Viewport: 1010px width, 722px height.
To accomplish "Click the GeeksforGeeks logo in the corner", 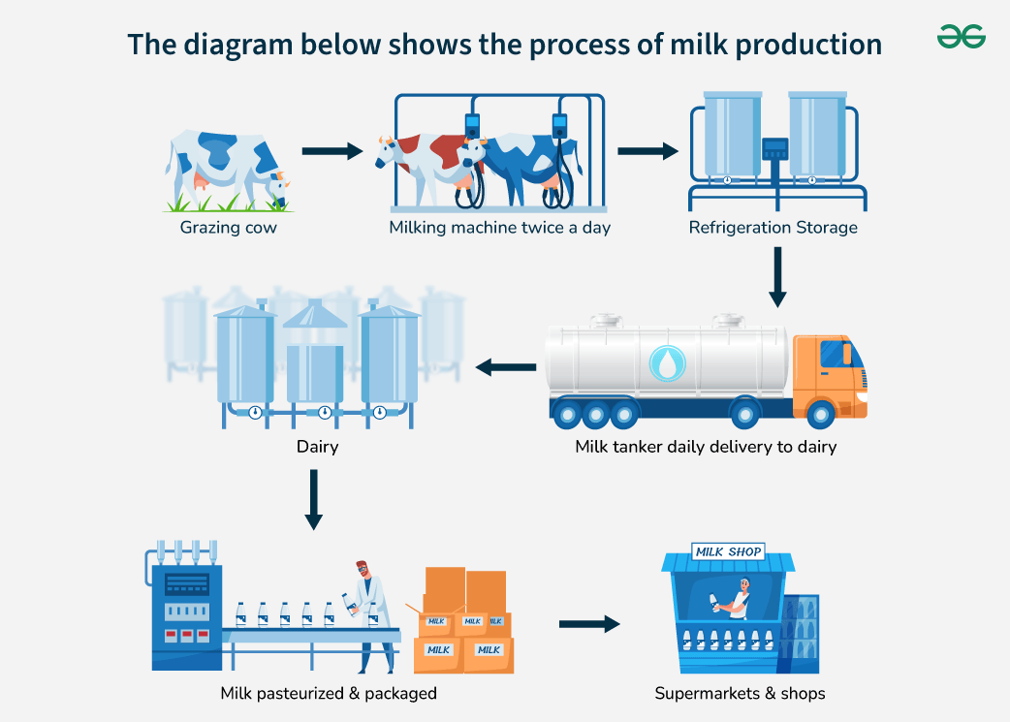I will [x=961, y=37].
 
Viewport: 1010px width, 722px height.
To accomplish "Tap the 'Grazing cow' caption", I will [x=228, y=228].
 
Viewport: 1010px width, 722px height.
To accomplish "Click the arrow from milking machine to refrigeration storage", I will [x=647, y=151].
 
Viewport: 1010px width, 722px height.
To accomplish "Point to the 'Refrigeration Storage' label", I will [x=773, y=228].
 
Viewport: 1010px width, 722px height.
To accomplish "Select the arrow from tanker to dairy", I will [x=510, y=367].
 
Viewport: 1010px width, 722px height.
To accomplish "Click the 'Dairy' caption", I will [x=317, y=448].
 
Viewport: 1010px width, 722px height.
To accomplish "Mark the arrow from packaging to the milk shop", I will [x=588, y=624].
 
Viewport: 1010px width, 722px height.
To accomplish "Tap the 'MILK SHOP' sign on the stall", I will [x=728, y=551].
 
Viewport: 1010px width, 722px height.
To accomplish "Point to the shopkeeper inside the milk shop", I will [x=739, y=600].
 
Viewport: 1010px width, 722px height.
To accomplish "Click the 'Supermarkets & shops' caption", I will [x=740, y=693].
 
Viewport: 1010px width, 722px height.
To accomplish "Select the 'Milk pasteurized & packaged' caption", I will [x=329, y=693].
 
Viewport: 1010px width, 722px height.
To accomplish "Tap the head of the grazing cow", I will [x=278, y=184].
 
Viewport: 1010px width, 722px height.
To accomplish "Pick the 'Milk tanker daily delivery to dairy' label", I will [x=705, y=447].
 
